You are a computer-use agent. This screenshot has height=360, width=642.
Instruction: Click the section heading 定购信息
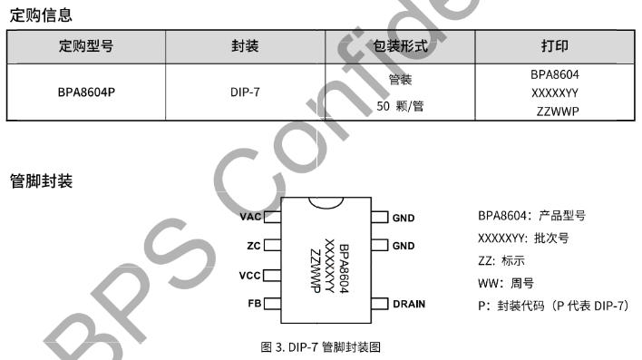tap(41, 15)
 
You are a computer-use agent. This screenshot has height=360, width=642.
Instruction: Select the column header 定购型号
tap(86, 46)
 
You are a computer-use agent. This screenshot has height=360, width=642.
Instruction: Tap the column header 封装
tap(245, 46)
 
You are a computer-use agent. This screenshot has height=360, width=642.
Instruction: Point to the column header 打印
tap(555, 46)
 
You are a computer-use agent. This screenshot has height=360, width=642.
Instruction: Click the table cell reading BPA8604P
tap(86, 92)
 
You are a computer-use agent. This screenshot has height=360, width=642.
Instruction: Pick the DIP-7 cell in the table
tap(245, 92)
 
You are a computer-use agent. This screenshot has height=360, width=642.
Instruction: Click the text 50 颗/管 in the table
tap(400, 106)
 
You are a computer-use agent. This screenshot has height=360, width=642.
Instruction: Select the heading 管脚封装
tap(41, 181)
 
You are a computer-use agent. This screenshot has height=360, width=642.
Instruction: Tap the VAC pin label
tap(250, 217)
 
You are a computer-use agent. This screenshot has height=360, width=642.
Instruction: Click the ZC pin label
tap(253, 246)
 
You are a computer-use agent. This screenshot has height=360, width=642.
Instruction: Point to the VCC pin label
tap(249, 276)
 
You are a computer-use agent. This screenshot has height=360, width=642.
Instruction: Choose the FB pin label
tap(254, 304)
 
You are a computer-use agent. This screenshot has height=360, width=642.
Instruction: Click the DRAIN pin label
tap(409, 304)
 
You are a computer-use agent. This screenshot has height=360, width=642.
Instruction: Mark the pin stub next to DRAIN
tap(380, 304)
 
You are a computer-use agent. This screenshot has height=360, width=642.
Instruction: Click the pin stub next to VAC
tap(273, 217)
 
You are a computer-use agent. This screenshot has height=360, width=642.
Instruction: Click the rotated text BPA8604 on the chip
tap(344, 268)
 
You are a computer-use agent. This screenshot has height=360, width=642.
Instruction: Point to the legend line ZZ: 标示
tap(501, 260)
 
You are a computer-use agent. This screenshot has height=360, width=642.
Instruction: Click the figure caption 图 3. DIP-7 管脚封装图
tap(321, 347)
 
